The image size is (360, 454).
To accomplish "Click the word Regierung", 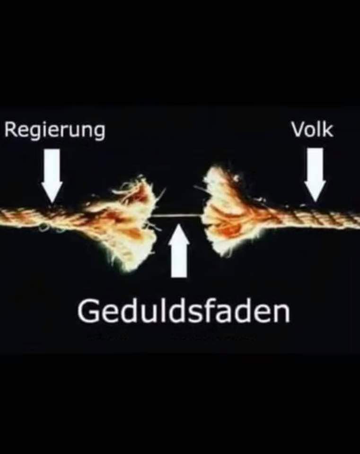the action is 55,131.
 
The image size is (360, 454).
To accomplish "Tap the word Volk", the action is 312,130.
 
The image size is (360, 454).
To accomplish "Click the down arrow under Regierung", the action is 52,176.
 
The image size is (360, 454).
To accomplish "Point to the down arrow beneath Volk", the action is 315,175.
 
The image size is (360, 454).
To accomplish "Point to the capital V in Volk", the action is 299,130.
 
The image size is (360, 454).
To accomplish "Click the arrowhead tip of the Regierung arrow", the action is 52,202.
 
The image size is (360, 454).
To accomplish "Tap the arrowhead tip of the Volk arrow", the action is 315,201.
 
